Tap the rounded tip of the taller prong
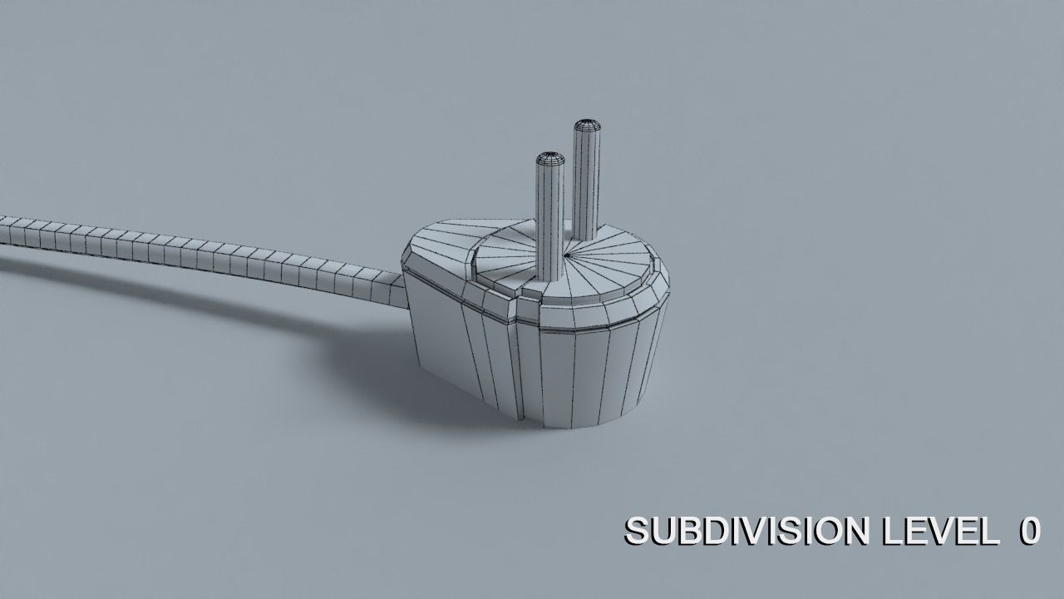click(587, 126)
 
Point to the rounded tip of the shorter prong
click(549, 157)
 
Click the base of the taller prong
click(585, 236)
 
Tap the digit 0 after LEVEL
click(1029, 531)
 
